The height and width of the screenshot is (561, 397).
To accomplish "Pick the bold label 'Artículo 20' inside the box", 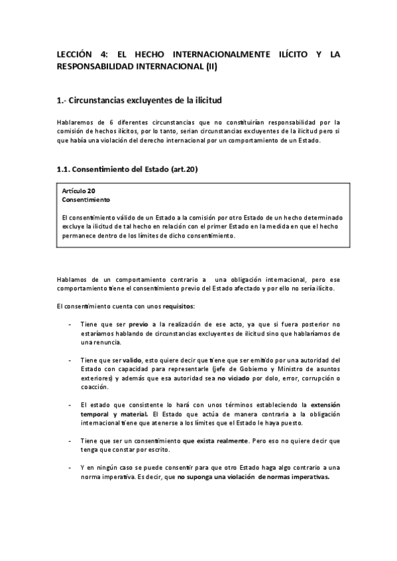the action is click(x=78, y=191).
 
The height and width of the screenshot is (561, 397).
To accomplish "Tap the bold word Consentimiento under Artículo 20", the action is click(x=86, y=198).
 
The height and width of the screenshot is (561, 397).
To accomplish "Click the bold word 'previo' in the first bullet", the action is click(x=138, y=324).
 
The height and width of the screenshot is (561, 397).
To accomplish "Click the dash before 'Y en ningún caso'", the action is click(x=70, y=468).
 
